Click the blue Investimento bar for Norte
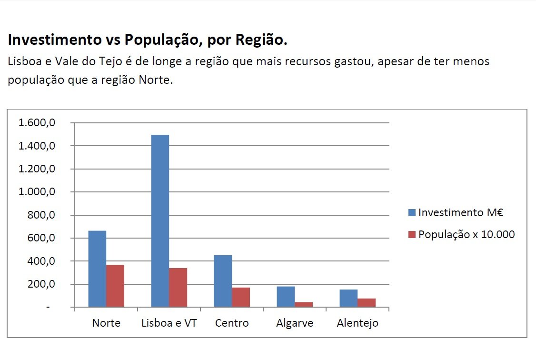tap(97, 269)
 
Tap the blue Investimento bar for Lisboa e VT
tap(160, 221)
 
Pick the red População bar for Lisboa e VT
tap(178, 288)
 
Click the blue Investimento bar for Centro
tap(223, 281)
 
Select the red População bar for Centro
tap(241, 297)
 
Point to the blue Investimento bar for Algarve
tap(286, 297)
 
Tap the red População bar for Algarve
tap(304, 304)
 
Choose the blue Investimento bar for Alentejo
tap(348, 298)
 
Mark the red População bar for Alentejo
tap(367, 302)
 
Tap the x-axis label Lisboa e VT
tap(169, 323)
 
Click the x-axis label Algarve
tap(295, 323)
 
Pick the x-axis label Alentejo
tap(357, 323)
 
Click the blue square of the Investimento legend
tap(412, 212)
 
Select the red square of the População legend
tap(412, 234)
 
